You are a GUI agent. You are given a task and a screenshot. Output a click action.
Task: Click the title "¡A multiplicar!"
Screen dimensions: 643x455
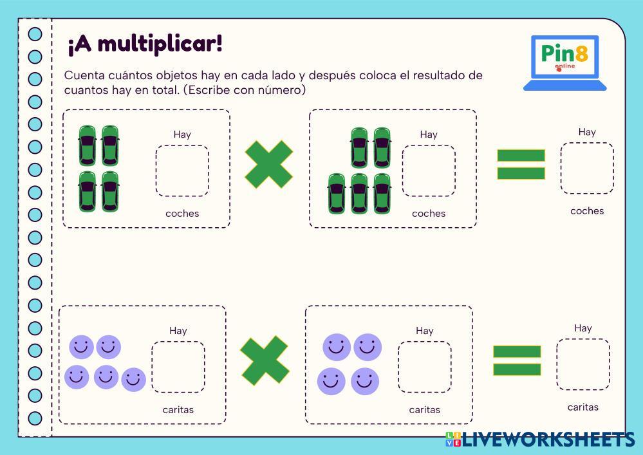tap(145, 44)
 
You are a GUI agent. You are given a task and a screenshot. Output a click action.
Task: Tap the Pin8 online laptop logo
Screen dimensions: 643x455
tap(564, 62)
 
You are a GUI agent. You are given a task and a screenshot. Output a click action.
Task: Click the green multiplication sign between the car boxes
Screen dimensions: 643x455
tap(269, 165)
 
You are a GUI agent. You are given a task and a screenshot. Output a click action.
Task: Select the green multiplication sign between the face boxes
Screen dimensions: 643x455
tap(265, 360)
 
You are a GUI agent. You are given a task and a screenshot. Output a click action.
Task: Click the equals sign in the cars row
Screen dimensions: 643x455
tap(521, 164)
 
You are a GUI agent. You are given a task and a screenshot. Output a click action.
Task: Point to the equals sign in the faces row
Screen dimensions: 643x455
tap(517, 360)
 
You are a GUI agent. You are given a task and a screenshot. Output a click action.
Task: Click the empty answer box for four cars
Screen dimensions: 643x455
tap(182, 171)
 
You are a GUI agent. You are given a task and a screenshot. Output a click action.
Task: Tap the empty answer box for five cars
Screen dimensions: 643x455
tap(429, 171)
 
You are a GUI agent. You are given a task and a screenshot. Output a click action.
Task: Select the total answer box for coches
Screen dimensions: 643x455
tap(586, 168)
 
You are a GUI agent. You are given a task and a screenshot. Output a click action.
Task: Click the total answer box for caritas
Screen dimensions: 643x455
tap(582, 364)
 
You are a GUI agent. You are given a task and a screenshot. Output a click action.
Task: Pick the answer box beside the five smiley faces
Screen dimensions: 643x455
tap(178, 367)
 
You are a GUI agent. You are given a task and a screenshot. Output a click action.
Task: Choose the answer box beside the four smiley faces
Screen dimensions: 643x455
tap(424, 367)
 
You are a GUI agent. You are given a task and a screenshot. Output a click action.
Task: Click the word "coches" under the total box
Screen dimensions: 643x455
tap(587, 211)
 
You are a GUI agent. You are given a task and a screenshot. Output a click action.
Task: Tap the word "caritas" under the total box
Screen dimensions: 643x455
tap(583, 407)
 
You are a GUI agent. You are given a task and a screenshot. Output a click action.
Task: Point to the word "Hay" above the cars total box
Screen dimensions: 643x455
tap(587, 132)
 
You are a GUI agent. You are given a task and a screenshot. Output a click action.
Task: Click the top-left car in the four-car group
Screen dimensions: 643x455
tap(88, 145)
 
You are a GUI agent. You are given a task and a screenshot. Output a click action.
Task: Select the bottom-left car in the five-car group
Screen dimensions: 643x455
tap(337, 193)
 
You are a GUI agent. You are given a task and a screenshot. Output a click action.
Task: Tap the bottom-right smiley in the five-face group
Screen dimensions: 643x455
tap(133, 380)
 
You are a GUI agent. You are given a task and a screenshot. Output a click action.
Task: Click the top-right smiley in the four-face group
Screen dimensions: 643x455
tap(368, 347)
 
